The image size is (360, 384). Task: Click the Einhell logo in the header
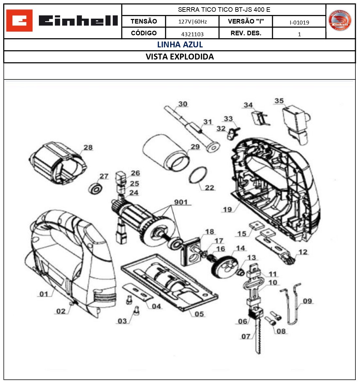[x=62, y=21]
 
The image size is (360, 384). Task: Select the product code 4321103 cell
[x=192, y=34]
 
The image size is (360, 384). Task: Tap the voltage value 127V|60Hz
[x=192, y=22]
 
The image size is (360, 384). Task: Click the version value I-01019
[x=299, y=22]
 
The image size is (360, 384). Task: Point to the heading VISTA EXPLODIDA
[x=180, y=57]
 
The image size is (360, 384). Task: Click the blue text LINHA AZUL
[x=180, y=45]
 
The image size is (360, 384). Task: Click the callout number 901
[x=181, y=202]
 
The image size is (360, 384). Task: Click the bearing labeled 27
[x=96, y=189]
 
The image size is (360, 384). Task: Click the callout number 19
[x=227, y=209]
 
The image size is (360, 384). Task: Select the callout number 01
[x=44, y=294]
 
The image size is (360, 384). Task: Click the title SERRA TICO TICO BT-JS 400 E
[x=224, y=10]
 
